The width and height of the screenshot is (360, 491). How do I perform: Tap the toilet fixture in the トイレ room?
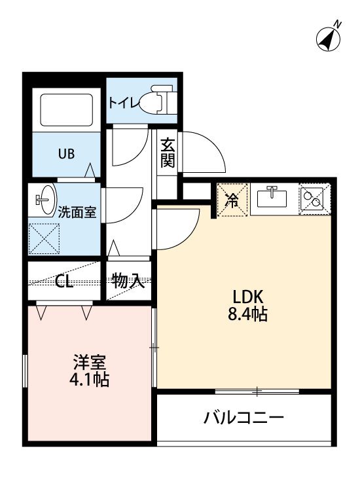(161, 101)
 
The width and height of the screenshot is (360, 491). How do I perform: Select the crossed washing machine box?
(45, 239)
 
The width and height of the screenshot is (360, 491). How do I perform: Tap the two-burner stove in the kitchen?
(315, 198)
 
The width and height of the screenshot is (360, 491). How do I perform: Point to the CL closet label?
(63, 282)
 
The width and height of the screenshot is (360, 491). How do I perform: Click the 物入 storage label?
(128, 282)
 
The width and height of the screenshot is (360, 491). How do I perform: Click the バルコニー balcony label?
(243, 417)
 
